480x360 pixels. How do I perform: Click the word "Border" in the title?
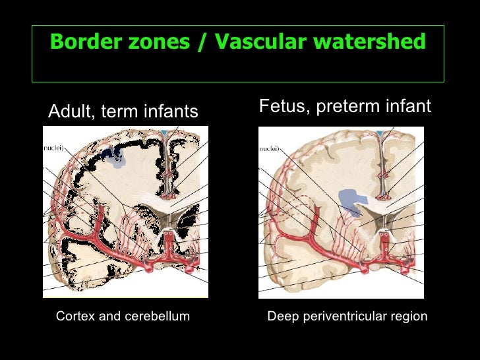(x=82, y=43)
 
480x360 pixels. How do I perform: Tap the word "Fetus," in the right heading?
(x=281, y=105)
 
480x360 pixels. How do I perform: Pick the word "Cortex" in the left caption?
(x=75, y=316)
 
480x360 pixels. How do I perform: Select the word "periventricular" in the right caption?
(x=340, y=317)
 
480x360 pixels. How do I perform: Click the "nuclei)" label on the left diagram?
(x=54, y=150)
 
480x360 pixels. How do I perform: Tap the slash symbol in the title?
(x=200, y=43)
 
